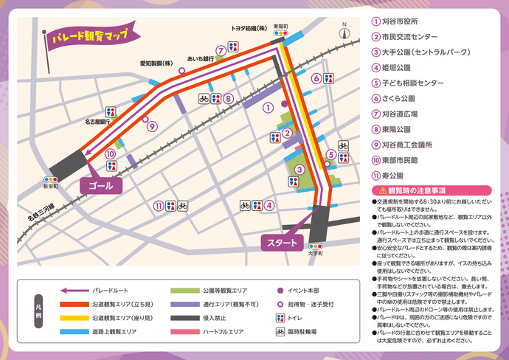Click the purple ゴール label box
tap(100, 186)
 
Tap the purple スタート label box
tap(282, 243)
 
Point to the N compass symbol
tap(343, 32)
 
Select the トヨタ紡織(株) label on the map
tap(249, 28)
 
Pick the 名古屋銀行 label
tap(97, 120)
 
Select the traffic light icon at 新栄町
tap(50, 179)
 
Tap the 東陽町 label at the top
tap(280, 27)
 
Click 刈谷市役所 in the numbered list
tap(401, 21)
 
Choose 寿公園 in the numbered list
tap(393, 176)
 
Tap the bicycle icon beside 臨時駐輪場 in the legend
tap(280, 332)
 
